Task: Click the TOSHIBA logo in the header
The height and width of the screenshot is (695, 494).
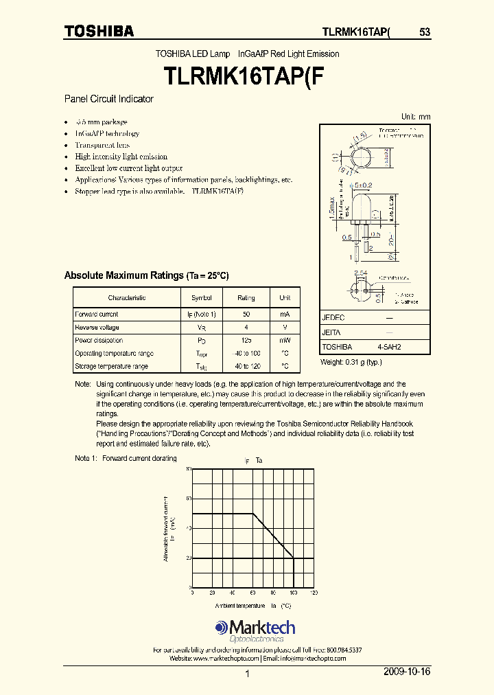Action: tap(99, 32)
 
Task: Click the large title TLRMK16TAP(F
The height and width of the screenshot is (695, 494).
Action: tap(246, 75)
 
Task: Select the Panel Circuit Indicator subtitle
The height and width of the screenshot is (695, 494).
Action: tap(108, 99)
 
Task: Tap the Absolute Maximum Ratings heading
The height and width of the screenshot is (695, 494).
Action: tap(146, 275)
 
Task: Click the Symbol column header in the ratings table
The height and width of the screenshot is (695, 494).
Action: tap(201, 298)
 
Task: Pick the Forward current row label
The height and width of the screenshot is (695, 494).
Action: tap(97, 315)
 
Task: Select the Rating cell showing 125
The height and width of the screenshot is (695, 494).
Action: tap(246, 341)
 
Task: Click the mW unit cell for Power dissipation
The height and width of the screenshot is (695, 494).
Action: tap(285, 341)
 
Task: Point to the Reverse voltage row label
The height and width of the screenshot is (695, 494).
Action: tap(97, 328)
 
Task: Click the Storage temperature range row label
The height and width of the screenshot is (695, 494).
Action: tap(111, 367)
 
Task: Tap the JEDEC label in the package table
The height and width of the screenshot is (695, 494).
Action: tap(333, 318)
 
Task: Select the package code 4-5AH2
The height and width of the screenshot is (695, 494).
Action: tap(388, 347)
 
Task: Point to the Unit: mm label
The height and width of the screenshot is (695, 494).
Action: tap(415, 117)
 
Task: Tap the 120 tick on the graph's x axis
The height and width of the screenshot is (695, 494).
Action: tap(314, 593)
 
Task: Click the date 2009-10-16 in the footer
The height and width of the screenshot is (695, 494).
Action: tap(408, 671)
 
